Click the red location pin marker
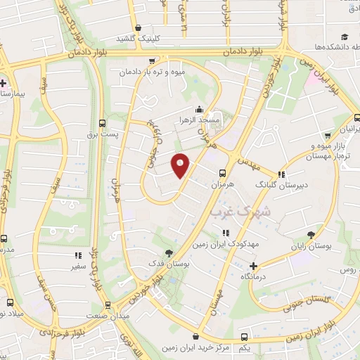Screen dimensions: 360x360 point(181,165)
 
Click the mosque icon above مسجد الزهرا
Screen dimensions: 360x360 point(200,110)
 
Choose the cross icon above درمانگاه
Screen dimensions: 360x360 point(253,266)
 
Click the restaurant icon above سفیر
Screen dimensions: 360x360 point(77,256)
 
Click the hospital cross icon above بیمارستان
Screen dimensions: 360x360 point(4,83)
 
